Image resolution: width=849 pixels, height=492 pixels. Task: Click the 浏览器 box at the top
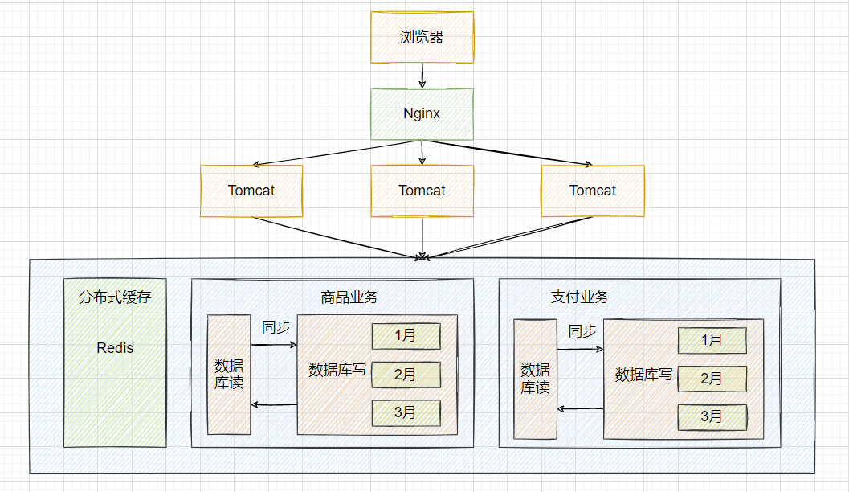pyautogui.click(x=422, y=38)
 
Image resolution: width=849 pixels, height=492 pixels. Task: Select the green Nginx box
pyautogui.click(x=422, y=114)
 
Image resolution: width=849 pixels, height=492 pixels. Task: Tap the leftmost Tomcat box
pyautogui.click(x=251, y=191)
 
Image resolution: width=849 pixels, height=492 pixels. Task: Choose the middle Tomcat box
pyautogui.click(x=422, y=191)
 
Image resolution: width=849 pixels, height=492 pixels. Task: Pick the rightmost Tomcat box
pyautogui.click(x=593, y=191)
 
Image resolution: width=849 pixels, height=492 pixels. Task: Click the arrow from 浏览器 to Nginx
pyautogui.click(x=422, y=76)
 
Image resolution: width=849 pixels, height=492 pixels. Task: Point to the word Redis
pyautogui.click(x=115, y=348)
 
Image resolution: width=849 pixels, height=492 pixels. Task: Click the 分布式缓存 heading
pyautogui.click(x=115, y=297)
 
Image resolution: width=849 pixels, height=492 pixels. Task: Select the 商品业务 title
pyautogui.click(x=349, y=297)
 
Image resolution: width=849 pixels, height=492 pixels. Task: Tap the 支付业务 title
pyautogui.click(x=580, y=297)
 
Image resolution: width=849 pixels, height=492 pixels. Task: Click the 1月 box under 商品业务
pyautogui.click(x=406, y=336)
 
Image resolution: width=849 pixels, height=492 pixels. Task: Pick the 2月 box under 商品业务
pyautogui.click(x=406, y=375)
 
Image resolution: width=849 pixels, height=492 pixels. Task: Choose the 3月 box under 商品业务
pyautogui.click(x=406, y=413)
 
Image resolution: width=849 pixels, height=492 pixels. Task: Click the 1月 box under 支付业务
pyautogui.click(x=712, y=340)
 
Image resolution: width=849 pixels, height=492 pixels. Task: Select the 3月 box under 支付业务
pyautogui.click(x=712, y=417)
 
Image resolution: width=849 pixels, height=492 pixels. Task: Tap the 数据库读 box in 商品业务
pyautogui.click(x=229, y=375)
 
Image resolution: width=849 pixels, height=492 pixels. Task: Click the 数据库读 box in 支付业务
pyautogui.click(x=536, y=379)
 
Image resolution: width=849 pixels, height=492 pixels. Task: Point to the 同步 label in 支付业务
pyautogui.click(x=582, y=331)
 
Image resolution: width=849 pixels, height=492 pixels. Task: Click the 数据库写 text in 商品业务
pyautogui.click(x=337, y=370)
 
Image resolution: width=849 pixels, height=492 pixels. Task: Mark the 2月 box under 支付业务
pyautogui.click(x=712, y=379)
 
